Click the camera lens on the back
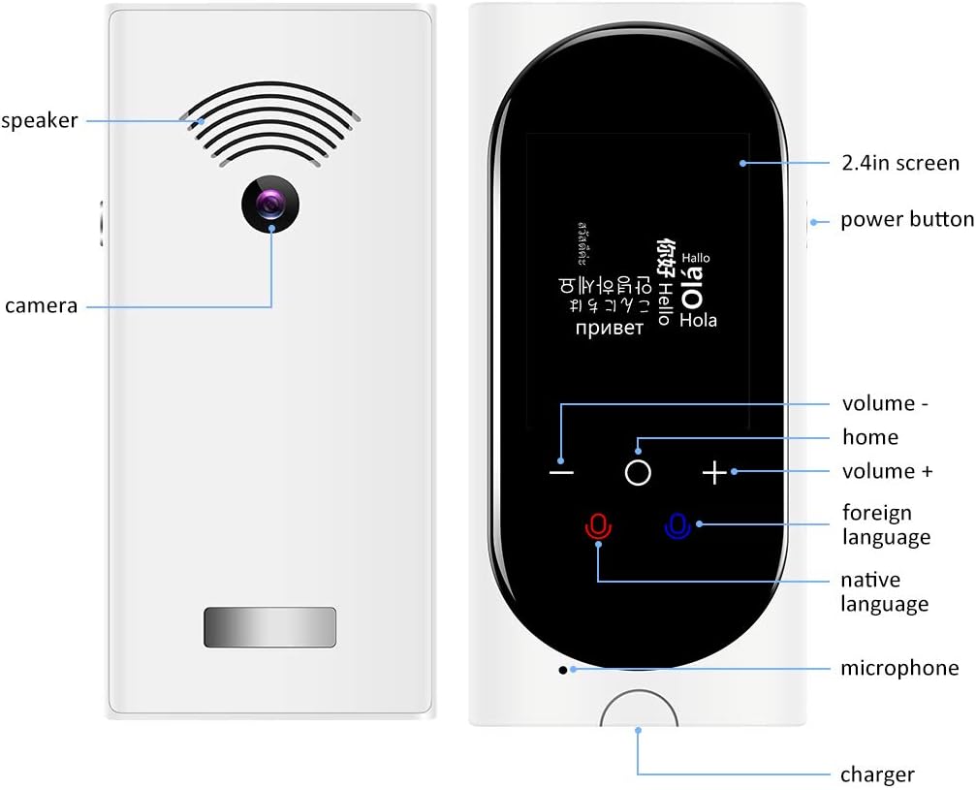coord(269,205)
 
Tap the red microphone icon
coord(598,526)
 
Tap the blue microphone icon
coord(677,526)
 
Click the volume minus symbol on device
coord(561,472)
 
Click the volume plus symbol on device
coord(714,472)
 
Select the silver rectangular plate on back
coord(269,627)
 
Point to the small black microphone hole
coord(562,669)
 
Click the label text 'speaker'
coord(40,121)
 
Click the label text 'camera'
coord(41,306)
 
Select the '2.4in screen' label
coord(899,164)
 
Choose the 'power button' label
coord(906,220)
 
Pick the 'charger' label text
coord(877,774)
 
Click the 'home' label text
coord(870,437)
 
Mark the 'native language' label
coord(884,592)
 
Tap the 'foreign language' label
coord(886,524)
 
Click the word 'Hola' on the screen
coord(698,320)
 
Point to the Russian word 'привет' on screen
coord(609,328)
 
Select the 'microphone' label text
coord(899,668)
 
